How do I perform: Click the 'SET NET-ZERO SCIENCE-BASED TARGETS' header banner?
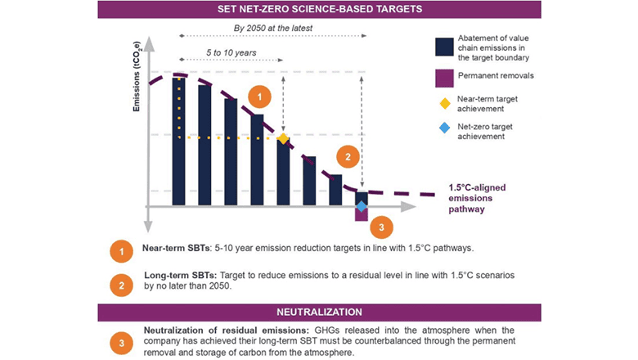(x=319, y=9)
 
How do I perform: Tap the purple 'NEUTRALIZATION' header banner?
(x=319, y=313)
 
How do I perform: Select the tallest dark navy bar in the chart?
(x=178, y=139)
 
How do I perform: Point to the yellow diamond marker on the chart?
(x=283, y=138)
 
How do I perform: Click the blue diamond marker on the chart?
(x=361, y=205)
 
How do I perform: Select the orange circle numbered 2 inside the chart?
(x=348, y=157)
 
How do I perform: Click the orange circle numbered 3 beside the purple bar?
(x=380, y=227)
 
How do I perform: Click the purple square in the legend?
(x=443, y=76)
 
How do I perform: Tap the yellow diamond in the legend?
(x=443, y=103)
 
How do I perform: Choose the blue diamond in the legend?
(x=443, y=128)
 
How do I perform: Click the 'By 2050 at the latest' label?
(x=273, y=27)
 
